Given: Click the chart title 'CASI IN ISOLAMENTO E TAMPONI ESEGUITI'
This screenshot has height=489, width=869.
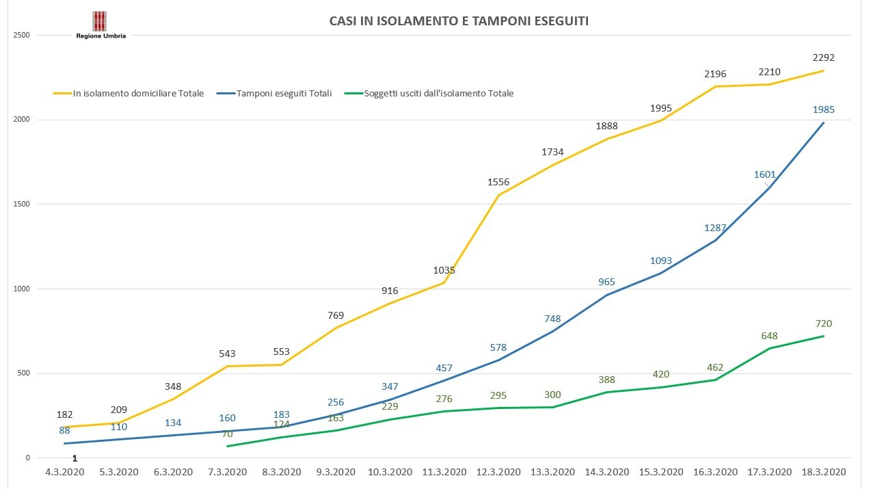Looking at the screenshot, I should coord(459,21).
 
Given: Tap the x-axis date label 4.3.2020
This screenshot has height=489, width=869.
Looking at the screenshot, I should coord(64,472).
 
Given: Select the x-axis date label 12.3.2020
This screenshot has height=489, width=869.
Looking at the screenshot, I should coord(498,472).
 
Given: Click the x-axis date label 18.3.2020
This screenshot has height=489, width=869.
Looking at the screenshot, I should coord(824,472).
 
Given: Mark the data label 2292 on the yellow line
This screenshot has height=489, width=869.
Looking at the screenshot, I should coord(823,58).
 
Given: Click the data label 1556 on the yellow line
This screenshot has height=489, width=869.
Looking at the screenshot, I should coord(498,182).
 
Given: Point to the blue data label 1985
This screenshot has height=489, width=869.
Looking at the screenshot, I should coord(823,109).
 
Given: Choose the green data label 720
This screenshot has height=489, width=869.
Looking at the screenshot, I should coord(823,323).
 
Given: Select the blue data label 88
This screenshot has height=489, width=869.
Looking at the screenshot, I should coord(64,430).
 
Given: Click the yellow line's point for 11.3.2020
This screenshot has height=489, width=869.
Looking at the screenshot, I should coord(444,282).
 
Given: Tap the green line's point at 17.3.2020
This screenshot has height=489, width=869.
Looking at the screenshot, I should coord(769,348).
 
